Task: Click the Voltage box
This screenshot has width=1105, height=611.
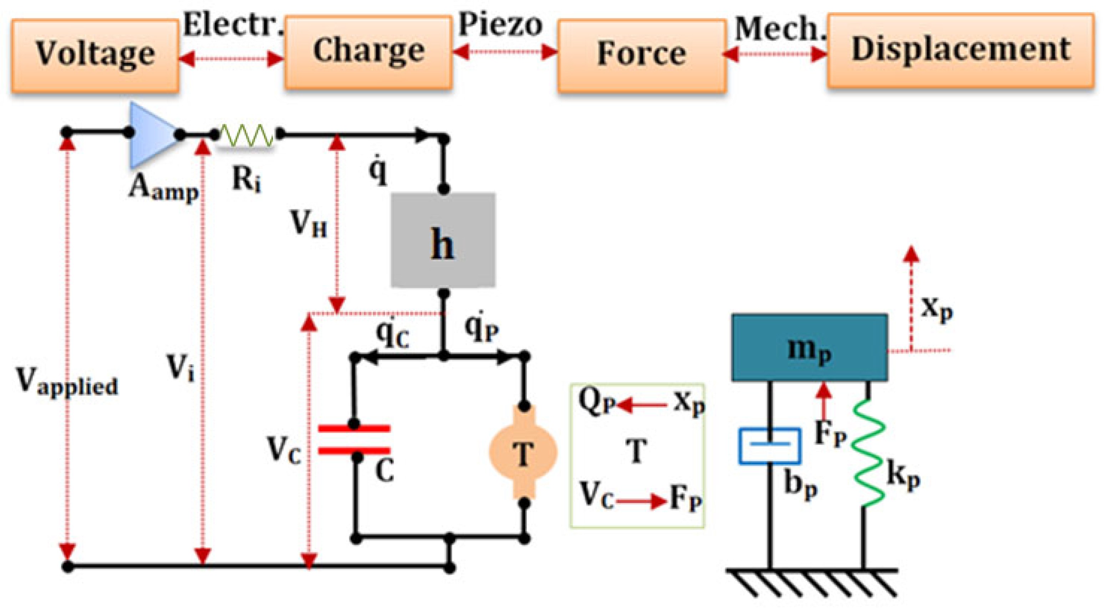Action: point(95,56)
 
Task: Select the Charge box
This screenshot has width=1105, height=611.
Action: point(368,52)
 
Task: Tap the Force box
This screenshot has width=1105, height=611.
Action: point(641,56)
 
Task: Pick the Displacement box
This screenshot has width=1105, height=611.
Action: point(960,51)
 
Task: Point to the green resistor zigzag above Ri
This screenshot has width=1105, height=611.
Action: point(246,135)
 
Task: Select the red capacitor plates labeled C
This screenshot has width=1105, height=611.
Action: point(354,440)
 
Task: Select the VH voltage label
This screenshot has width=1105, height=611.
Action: point(308,225)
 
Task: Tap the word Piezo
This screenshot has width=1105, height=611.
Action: point(500,25)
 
